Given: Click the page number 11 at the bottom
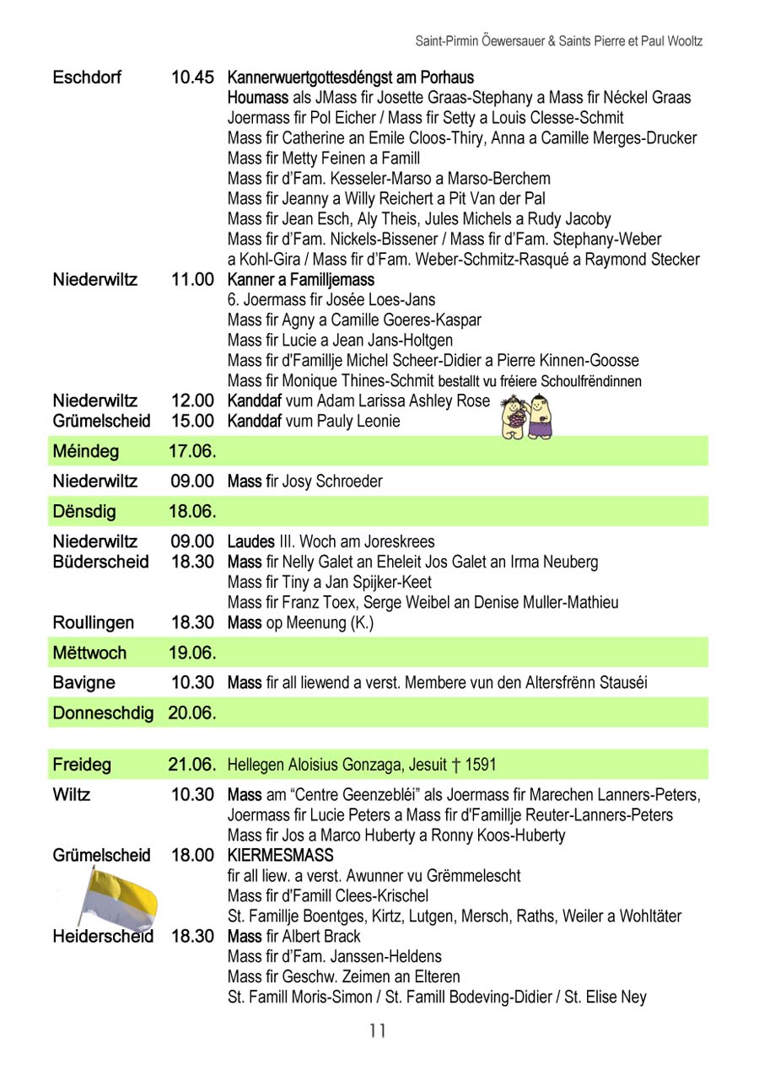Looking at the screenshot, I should pos(377,1030).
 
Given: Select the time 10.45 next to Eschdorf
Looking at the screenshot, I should pos(192,78).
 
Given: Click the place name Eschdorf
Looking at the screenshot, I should pos(87,78).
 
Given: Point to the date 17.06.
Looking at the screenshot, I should pos(192,451).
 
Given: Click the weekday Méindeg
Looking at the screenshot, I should pos(85,451).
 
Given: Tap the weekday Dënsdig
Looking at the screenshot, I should pos(84,512).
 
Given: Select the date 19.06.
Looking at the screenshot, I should pos(192,653).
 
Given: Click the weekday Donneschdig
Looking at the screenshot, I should pos(103,713).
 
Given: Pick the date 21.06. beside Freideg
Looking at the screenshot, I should pos(192,766).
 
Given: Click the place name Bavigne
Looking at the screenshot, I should pos(83,682).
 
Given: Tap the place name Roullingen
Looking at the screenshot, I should pos(93,623).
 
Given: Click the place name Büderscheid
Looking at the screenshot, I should pos(100,562).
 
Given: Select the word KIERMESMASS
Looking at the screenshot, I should pos(281,856).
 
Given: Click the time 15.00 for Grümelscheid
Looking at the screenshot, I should pos(192,421).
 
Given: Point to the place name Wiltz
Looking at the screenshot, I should pos(72,794).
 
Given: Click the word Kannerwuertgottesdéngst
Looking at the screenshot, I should pos(315,78).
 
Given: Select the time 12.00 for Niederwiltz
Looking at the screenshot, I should pos(192,401).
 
